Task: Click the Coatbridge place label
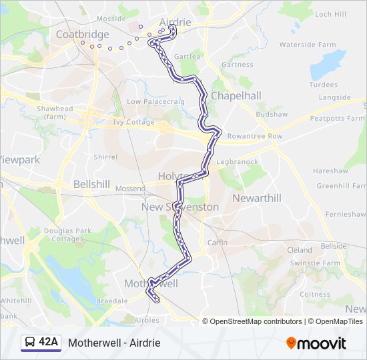click(83, 35)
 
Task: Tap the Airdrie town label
click(175, 22)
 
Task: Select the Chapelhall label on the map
click(236, 96)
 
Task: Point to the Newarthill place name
click(257, 198)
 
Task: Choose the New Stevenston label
click(180, 207)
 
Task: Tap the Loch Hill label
click(332, 14)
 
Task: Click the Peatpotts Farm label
click(337, 118)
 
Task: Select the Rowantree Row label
click(255, 136)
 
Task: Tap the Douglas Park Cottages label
click(67, 235)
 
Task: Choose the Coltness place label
click(315, 294)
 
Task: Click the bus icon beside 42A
click(30, 343)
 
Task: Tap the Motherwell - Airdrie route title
click(114, 343)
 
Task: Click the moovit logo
click(316, 343)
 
